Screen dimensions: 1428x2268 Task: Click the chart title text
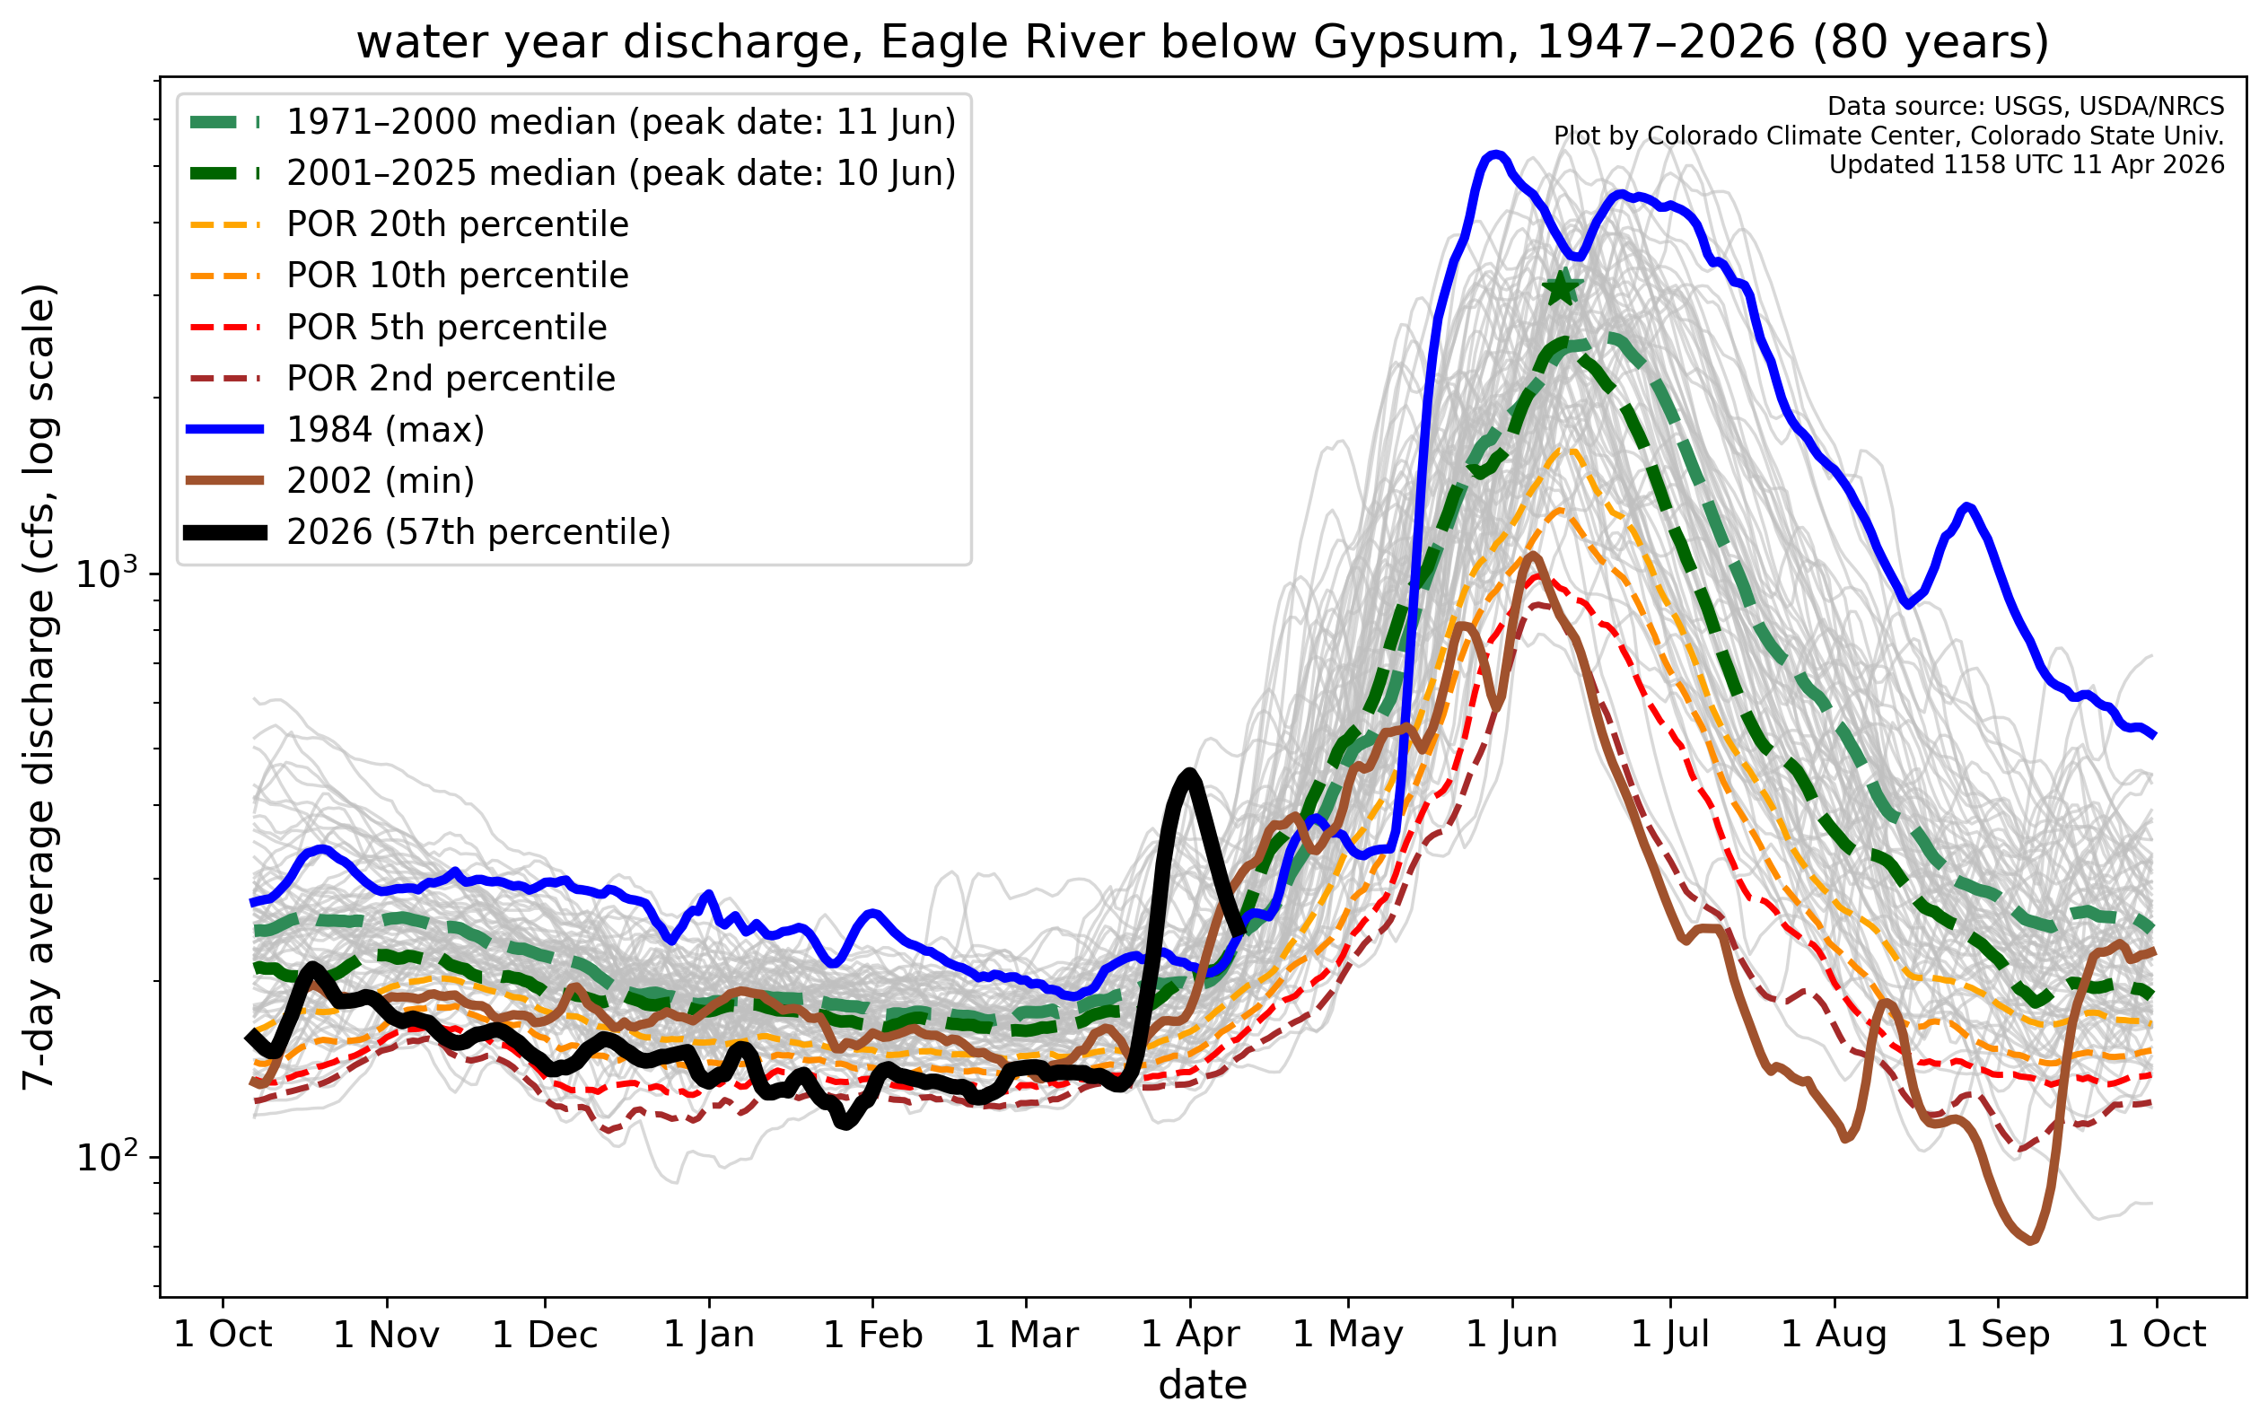1203,42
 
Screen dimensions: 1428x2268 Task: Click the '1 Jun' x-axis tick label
1511,1335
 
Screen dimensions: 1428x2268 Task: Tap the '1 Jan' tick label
709,1335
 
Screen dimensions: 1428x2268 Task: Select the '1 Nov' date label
386,1335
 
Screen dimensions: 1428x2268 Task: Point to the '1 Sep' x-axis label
1998,1335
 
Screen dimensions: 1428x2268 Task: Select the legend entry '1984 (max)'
385,430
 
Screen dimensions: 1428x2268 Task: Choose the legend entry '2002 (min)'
381,480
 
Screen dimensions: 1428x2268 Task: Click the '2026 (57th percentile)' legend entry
478,532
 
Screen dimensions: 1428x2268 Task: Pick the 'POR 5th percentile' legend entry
446,327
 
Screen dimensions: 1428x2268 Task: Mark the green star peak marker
1562,288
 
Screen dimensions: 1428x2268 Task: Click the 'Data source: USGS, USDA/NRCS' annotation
2025,107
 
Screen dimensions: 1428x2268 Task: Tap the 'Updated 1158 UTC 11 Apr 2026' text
2026,165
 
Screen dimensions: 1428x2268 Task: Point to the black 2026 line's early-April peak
1189,775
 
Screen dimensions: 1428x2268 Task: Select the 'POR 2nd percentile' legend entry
451,379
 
